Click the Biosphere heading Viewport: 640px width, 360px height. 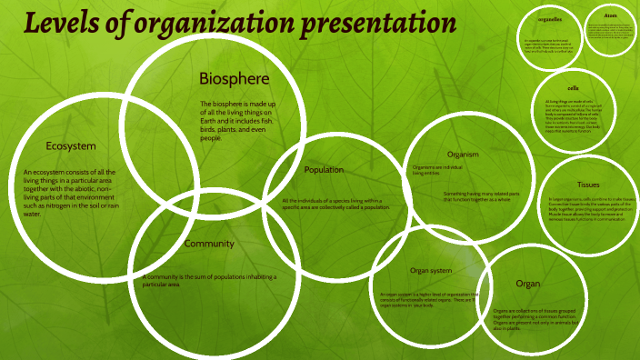235,79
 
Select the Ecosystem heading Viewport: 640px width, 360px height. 70,145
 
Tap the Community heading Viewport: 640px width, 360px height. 209,244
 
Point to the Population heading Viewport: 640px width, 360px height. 324,170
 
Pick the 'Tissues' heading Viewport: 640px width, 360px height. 588,184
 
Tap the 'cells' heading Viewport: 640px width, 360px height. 574,88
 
